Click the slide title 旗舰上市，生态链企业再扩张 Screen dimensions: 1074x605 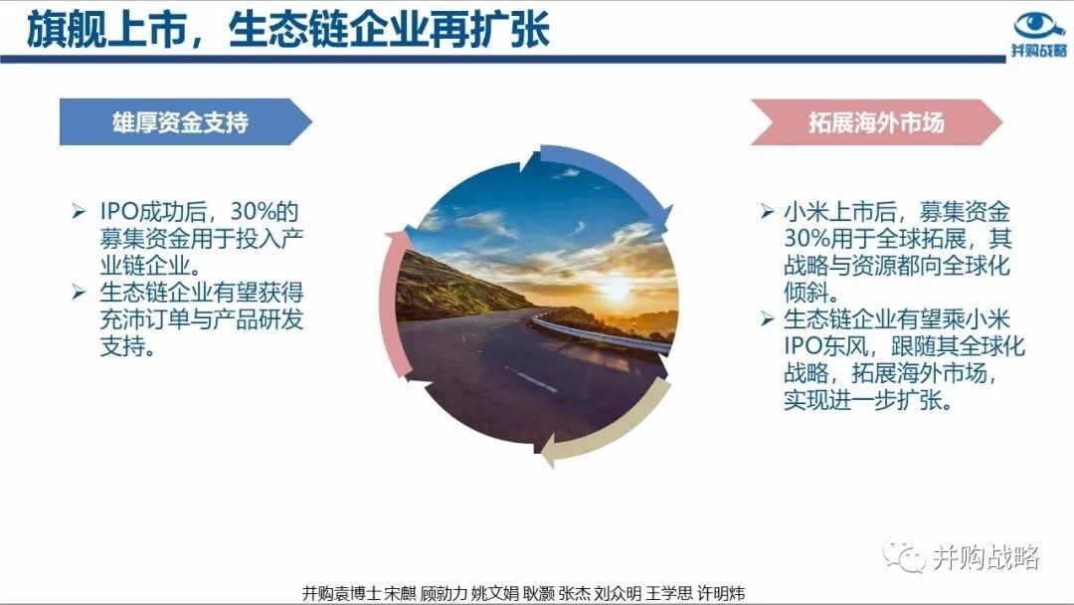pyautogui.click(x=287, y=31)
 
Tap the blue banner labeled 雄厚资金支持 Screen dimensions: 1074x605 pyautogui.click(x=186, y=122)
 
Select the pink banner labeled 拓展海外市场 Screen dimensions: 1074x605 pyautogui.click(x=877, y=122)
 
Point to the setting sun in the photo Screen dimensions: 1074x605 pyautogui.click(x=616, y=289)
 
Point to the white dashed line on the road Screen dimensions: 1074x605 pyautogui.click(x=531, y=379)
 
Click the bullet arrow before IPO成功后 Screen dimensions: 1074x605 pyautogui.click(x=79, y=211)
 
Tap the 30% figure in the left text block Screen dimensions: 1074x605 pyautogui.click(x=255, y=211)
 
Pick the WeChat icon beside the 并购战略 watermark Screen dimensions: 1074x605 pyautogui.click(x=903, y=557)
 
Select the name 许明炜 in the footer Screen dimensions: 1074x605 pyautogui.click(x=721, y=593)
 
